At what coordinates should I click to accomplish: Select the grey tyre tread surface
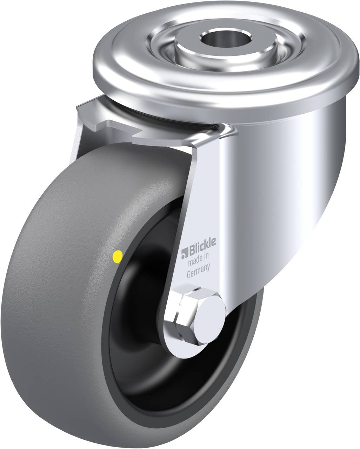[63, 281]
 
